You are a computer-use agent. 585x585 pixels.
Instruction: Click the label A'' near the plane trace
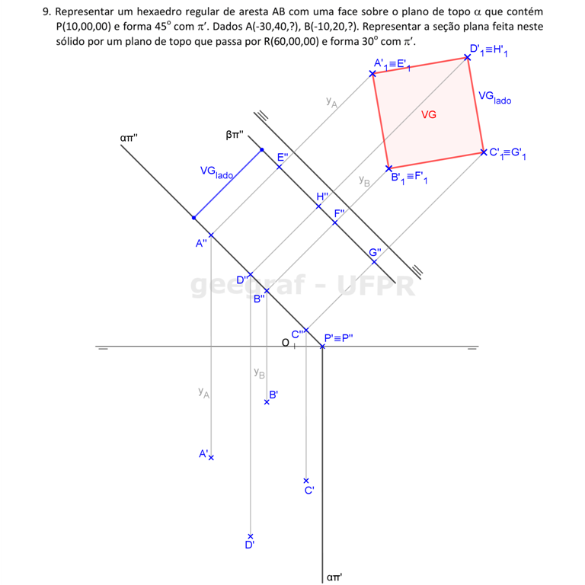point(201,244)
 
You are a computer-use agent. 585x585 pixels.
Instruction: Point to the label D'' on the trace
point(242,280)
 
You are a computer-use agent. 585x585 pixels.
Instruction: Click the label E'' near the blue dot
point(282,158)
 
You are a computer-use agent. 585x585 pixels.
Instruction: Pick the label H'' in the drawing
point(324,197)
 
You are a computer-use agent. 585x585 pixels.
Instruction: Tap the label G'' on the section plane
point(376,253)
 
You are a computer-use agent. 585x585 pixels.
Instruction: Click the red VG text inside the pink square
point(429,114)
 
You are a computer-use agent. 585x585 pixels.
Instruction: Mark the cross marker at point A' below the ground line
point(212,458)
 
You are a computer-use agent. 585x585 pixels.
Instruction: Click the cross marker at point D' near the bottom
point(248,537)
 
